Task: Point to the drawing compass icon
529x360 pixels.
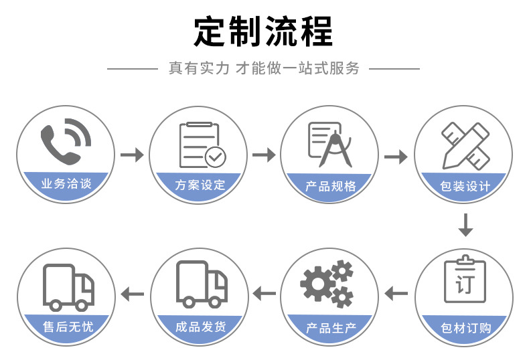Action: tap(331, 145)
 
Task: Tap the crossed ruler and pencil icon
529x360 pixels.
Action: tap(464, 145)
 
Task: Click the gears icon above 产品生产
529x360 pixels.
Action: tap(327, 284)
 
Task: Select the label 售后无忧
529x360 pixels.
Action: tap(67, 327)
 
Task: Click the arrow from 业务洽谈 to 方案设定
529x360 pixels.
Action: tap(132, 155)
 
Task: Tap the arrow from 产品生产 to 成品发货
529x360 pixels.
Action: tap(264, 292)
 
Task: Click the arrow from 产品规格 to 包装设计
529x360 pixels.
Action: tap(395, 157)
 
